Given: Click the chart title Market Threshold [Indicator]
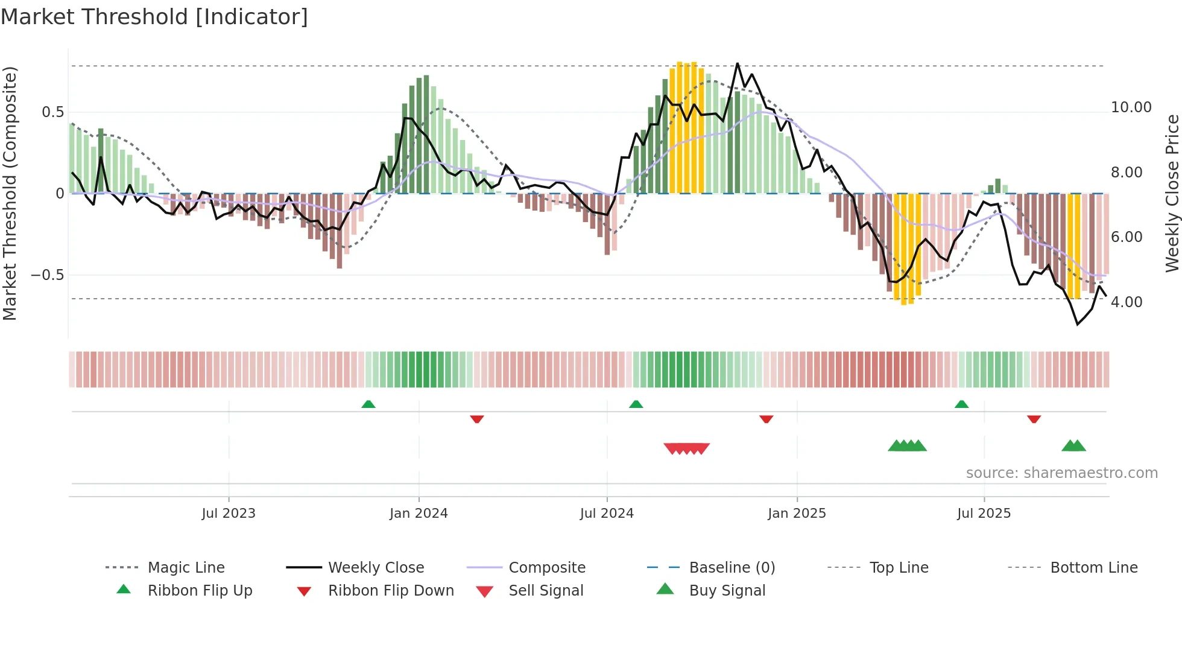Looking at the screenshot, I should point(154,17).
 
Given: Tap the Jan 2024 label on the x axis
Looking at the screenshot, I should point(419,514).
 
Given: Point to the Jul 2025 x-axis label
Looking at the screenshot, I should point(984,514).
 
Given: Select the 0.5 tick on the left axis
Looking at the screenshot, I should point(52,112).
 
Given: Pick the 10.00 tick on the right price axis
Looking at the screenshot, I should point(1131,107).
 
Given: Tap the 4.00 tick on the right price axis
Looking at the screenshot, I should point(1126,302).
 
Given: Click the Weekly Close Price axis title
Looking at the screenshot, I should point(1171,193).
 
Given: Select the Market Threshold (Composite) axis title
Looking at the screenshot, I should point(10,193).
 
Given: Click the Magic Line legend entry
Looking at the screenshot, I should point(186,568).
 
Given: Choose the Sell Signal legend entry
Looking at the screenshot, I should point(546,591).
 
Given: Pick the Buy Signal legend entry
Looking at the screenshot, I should point(727,591).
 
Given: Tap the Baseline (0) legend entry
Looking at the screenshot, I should point(732,568).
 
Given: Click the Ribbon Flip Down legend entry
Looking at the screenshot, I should point(391,591).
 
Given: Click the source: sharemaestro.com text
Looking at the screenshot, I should point(1061,473).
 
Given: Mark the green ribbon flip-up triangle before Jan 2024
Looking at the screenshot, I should point(368,404).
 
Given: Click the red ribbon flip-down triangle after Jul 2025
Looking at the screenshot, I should point(1034,419).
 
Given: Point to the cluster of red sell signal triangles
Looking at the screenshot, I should point(686,448).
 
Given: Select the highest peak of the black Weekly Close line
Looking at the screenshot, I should point(737,63).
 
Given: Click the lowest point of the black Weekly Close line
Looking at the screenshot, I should point(1078,325).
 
